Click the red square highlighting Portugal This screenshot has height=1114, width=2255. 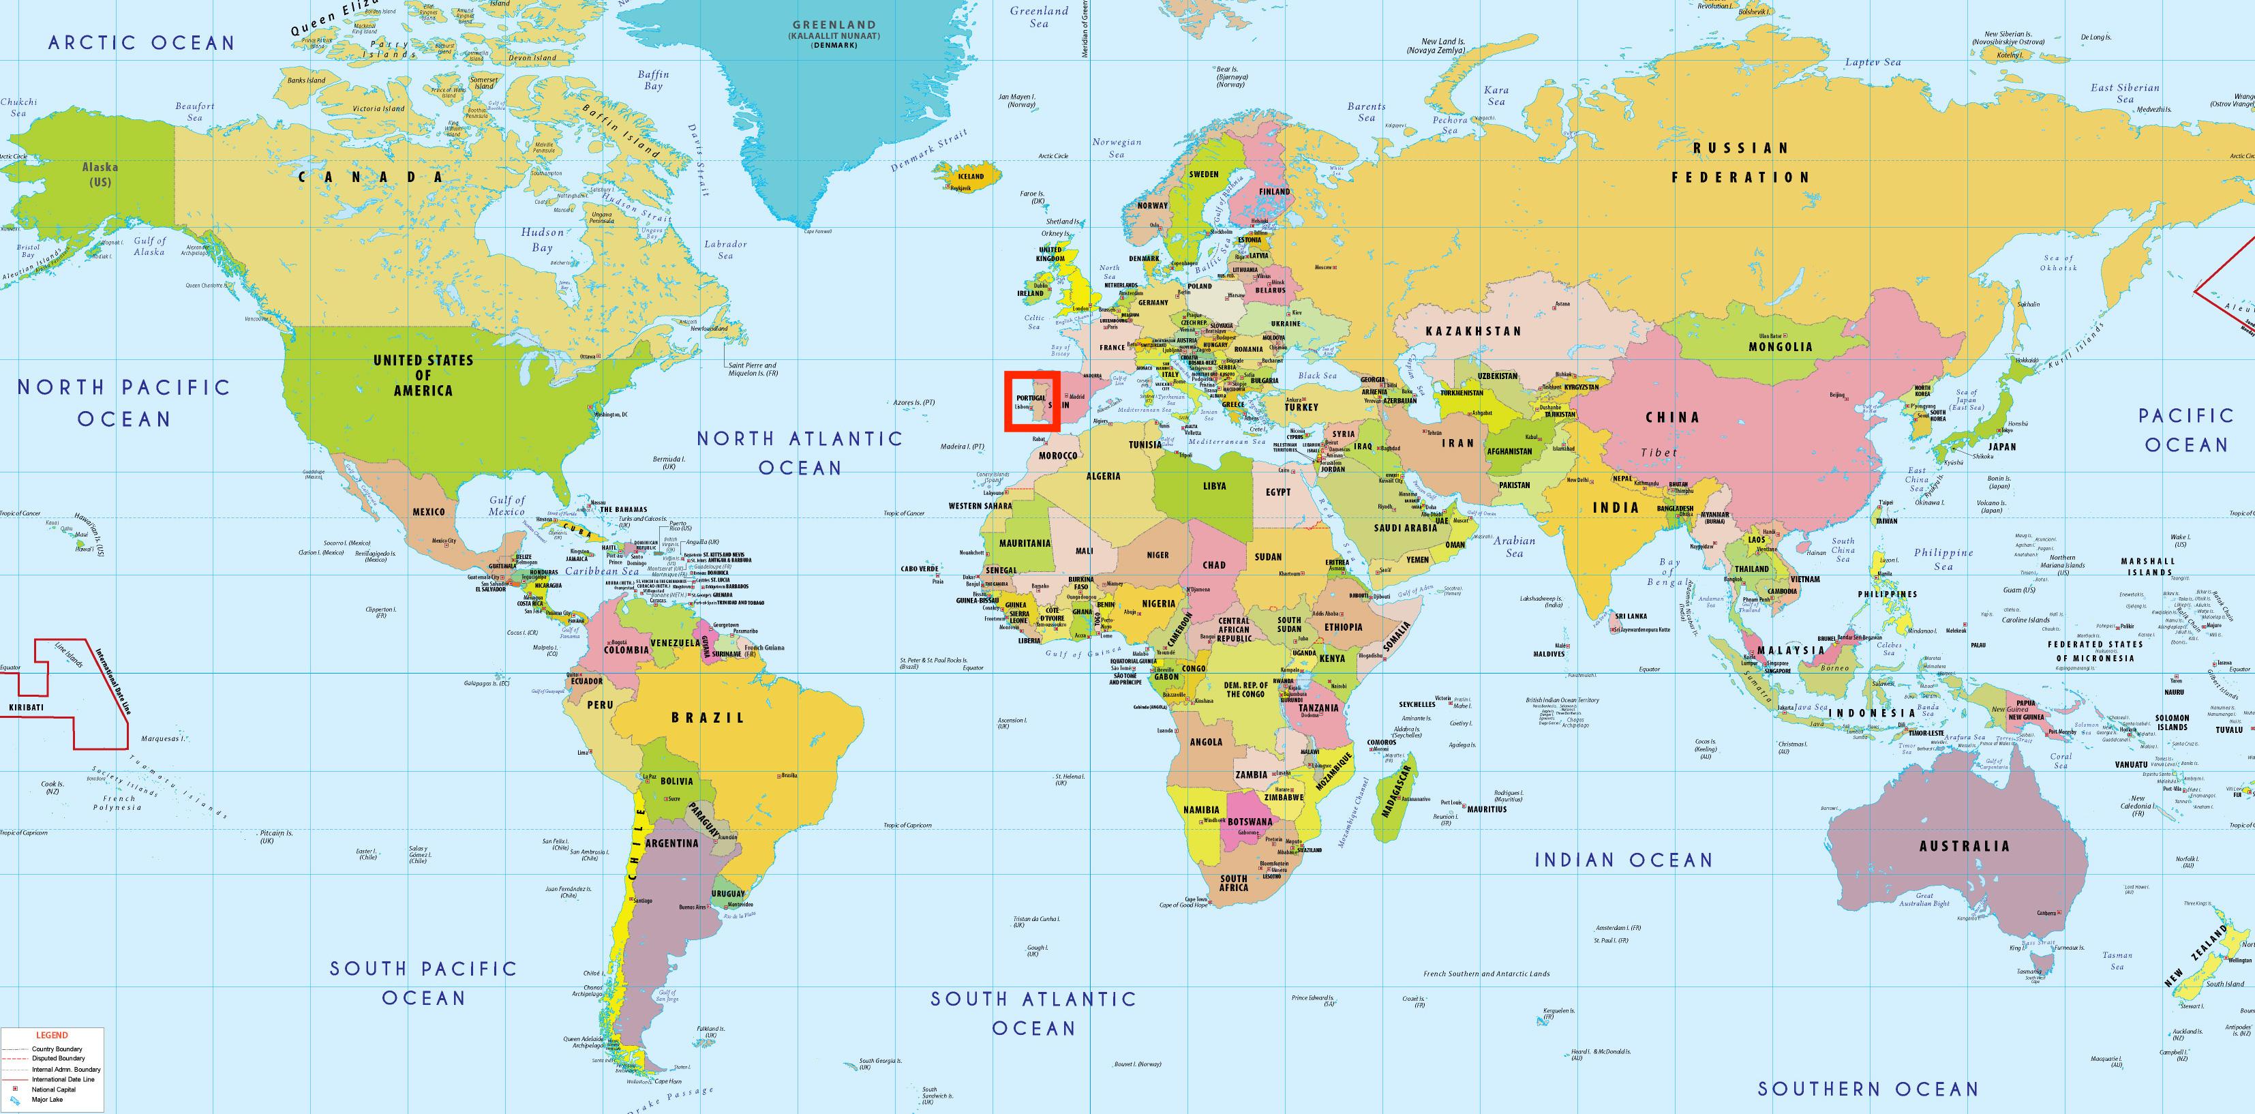(1032, 401)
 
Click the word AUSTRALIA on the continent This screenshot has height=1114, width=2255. (1965, 846)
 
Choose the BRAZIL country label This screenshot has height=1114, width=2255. (708, 717)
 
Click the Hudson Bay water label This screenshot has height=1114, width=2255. (543, 240)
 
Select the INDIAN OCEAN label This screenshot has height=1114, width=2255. (1624, 860)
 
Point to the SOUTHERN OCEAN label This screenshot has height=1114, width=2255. (1868, 1089)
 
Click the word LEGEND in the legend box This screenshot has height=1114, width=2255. (52, 1035)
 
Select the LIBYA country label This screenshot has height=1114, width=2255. (1214, 486)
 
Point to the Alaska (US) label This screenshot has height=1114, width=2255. (100, 173)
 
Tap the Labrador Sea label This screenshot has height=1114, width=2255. (726, 250)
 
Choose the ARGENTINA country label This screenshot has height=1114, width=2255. (671, 843)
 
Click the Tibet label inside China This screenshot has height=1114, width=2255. (1659, 453)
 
